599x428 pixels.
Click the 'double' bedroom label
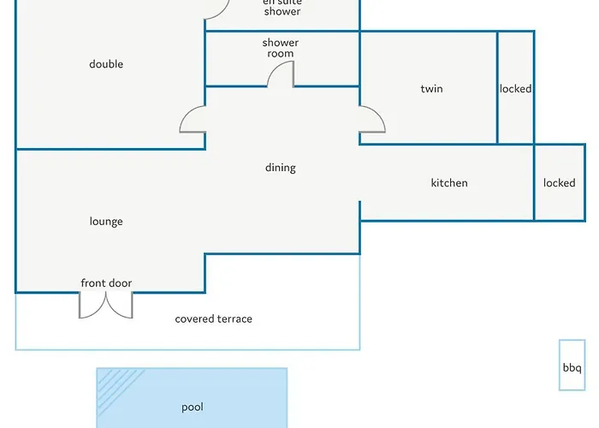click(106, 64)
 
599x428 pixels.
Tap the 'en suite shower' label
click(282, 7)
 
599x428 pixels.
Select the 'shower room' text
click(280, 48)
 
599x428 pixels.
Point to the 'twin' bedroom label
click(432, 89)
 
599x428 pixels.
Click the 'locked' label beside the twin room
click(515, 89)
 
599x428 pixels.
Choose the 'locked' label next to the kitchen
click(559, 183)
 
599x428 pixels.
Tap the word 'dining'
click(280, 168)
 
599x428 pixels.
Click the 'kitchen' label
click(449, 183)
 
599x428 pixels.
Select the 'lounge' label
click(106, 222)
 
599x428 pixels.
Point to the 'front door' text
click(106, 283)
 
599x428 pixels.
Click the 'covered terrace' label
click(214, 319)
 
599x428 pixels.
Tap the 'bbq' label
click(572, 369)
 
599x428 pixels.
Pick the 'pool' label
click(193, 407)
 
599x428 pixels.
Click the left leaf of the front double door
click(92, 305)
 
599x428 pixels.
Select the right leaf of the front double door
click(120, 305)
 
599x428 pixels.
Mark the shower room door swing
click(282, 76)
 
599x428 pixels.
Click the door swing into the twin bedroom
click(372, 120)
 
